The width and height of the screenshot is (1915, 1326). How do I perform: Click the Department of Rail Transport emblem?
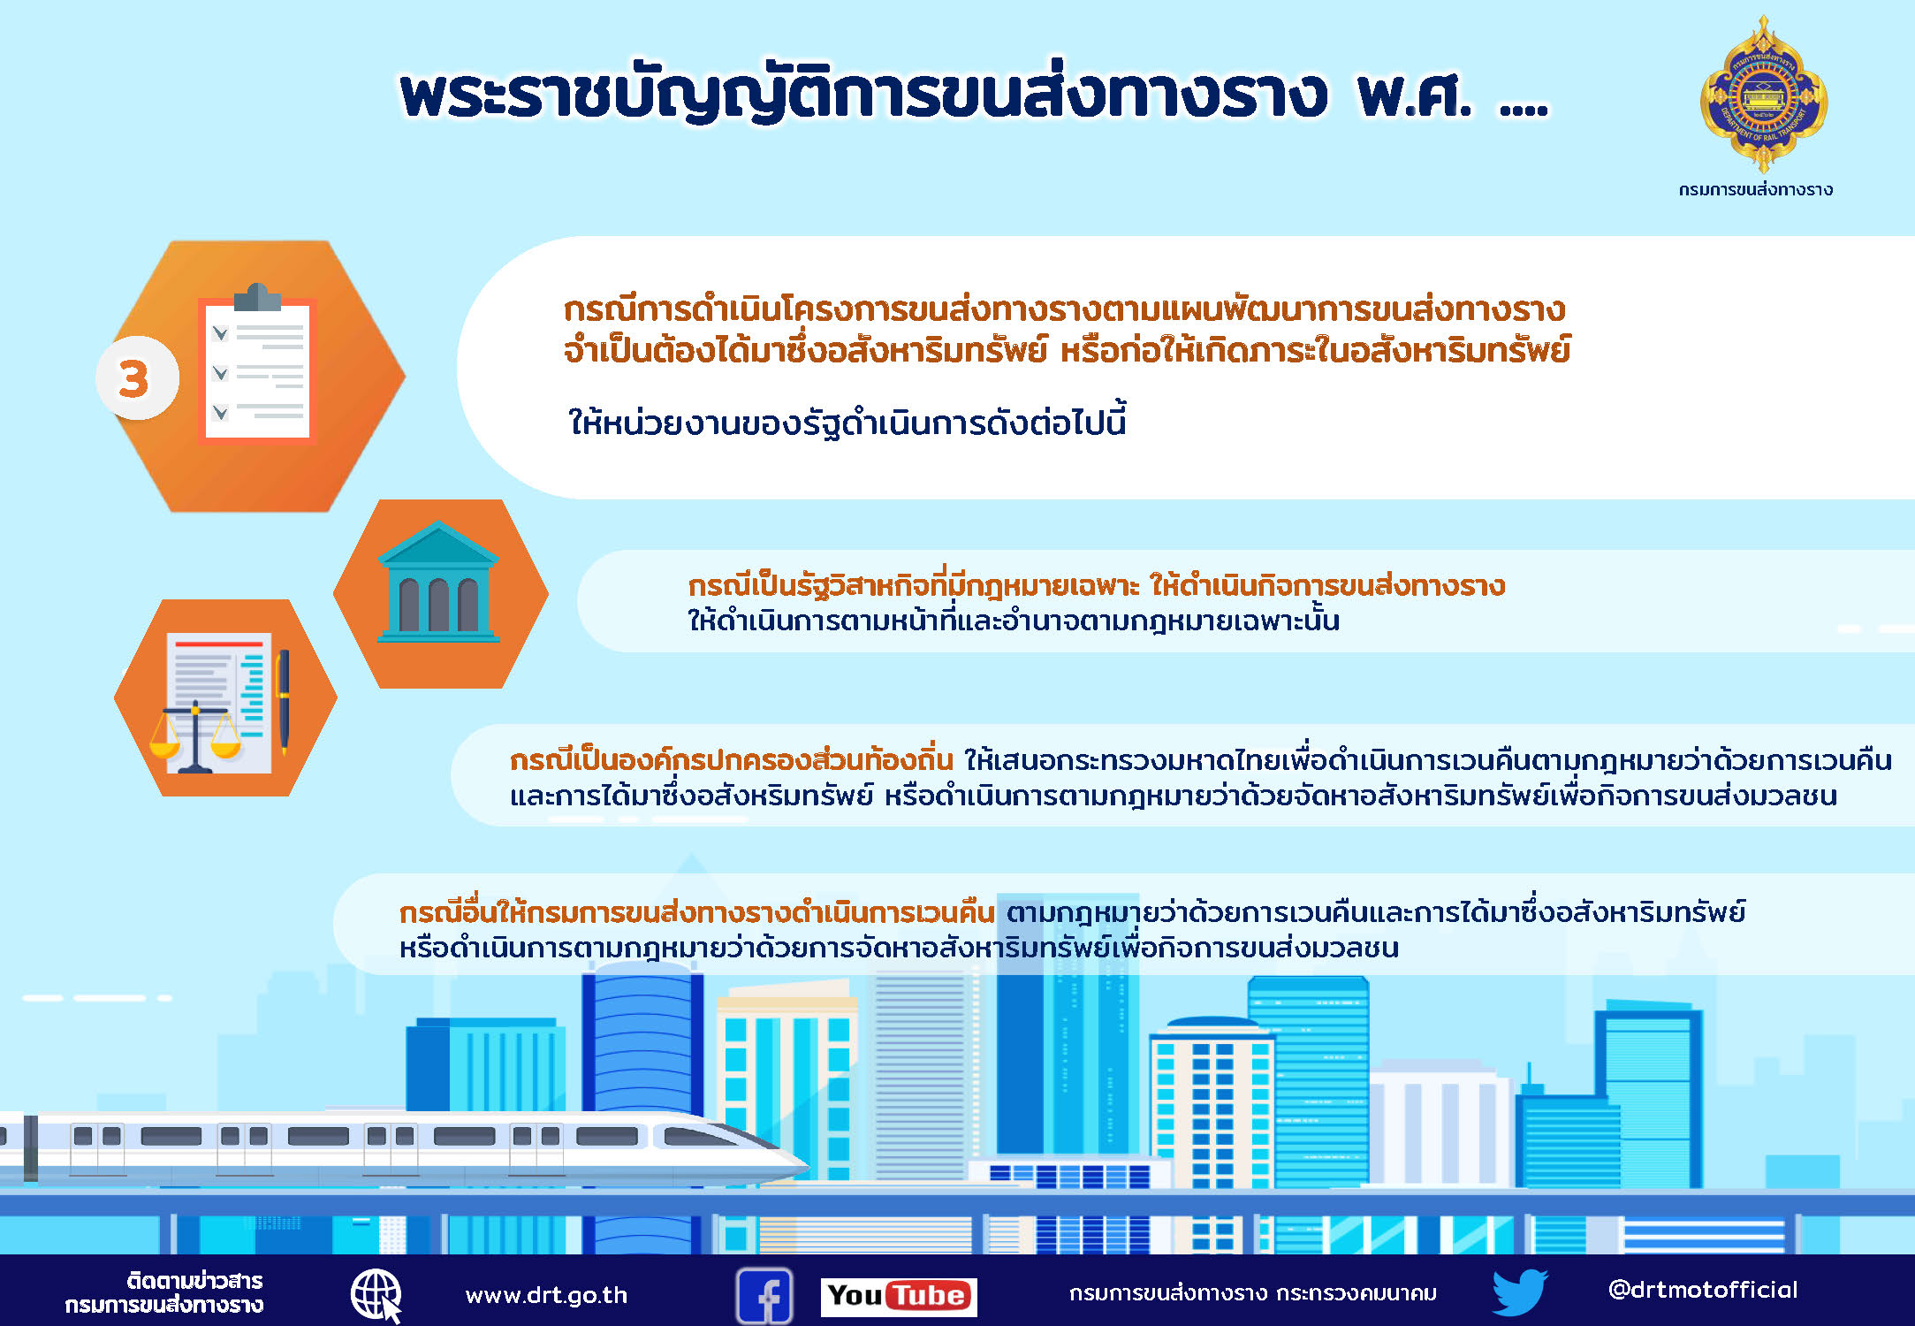[x=1764, y=95]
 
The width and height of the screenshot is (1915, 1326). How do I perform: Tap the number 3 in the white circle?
[x=133, y=378]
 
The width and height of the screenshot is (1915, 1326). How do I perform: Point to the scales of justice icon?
[x=195, y=736]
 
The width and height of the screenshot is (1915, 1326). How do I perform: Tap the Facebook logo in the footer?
[x=764, y=1296]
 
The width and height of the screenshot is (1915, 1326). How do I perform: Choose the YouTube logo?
[x=899, y=1296]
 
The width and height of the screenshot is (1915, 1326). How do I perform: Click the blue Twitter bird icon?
[x=1519, y=1292]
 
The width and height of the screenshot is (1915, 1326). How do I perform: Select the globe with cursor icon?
[x=377, y=1296]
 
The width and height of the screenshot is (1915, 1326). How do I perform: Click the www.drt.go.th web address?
[x=546, y=1295]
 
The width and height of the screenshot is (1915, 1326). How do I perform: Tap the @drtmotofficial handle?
[x=1703, y=1290]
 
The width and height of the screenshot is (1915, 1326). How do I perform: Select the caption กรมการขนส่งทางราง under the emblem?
[x=1756, y=189]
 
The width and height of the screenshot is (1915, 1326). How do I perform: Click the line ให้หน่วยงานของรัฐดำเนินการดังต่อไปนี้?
[x=847, y=423]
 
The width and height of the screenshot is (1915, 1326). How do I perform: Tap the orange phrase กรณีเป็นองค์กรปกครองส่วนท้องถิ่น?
[x=731, y=760]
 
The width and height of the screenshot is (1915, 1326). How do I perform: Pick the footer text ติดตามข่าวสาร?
[x=194, y=1281]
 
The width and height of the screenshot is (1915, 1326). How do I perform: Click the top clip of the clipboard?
[x=257, y=297]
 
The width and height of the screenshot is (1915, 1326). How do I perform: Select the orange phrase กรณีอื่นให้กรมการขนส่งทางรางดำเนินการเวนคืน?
[x=697, y=912]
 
